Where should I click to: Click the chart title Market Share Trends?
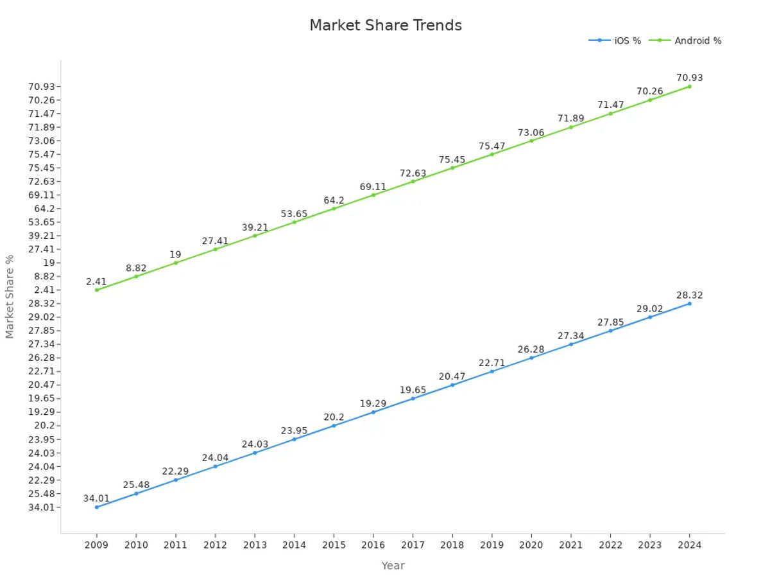pyautogui.click(x=385, y=26)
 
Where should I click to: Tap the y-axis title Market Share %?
pyautogui.click(x=10, y=296)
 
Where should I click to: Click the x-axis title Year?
pyautogui.click(x=393, y=566)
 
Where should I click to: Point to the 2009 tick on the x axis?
pyautogui.click(x=97, y=545)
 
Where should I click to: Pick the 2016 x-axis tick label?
pyautogui.click(x=373, y=545)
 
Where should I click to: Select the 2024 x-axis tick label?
pyautogui.click(x=689, y=545)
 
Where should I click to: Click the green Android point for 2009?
pyautogui.click(x=97, y=290)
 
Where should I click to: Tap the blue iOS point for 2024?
pyautogui.click(x=689, y=303)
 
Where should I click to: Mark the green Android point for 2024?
pyautogui.click(x=689, y=86)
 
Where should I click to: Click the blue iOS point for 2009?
pyautogui.click(x=97, y=507)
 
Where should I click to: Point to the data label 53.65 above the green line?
pyautogui.click(x=294, y=214)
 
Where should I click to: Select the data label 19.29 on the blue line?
pyautogui.click(x=373, y=403)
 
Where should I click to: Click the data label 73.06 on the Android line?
pyautogui.click(x=531, y=133)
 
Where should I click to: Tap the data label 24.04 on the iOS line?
pyautogui.click(x=215, y=458)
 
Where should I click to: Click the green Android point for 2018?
pyautogui.click(x=452, y=168)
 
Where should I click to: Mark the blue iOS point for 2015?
pyautogui.click(x=334, y=425)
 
